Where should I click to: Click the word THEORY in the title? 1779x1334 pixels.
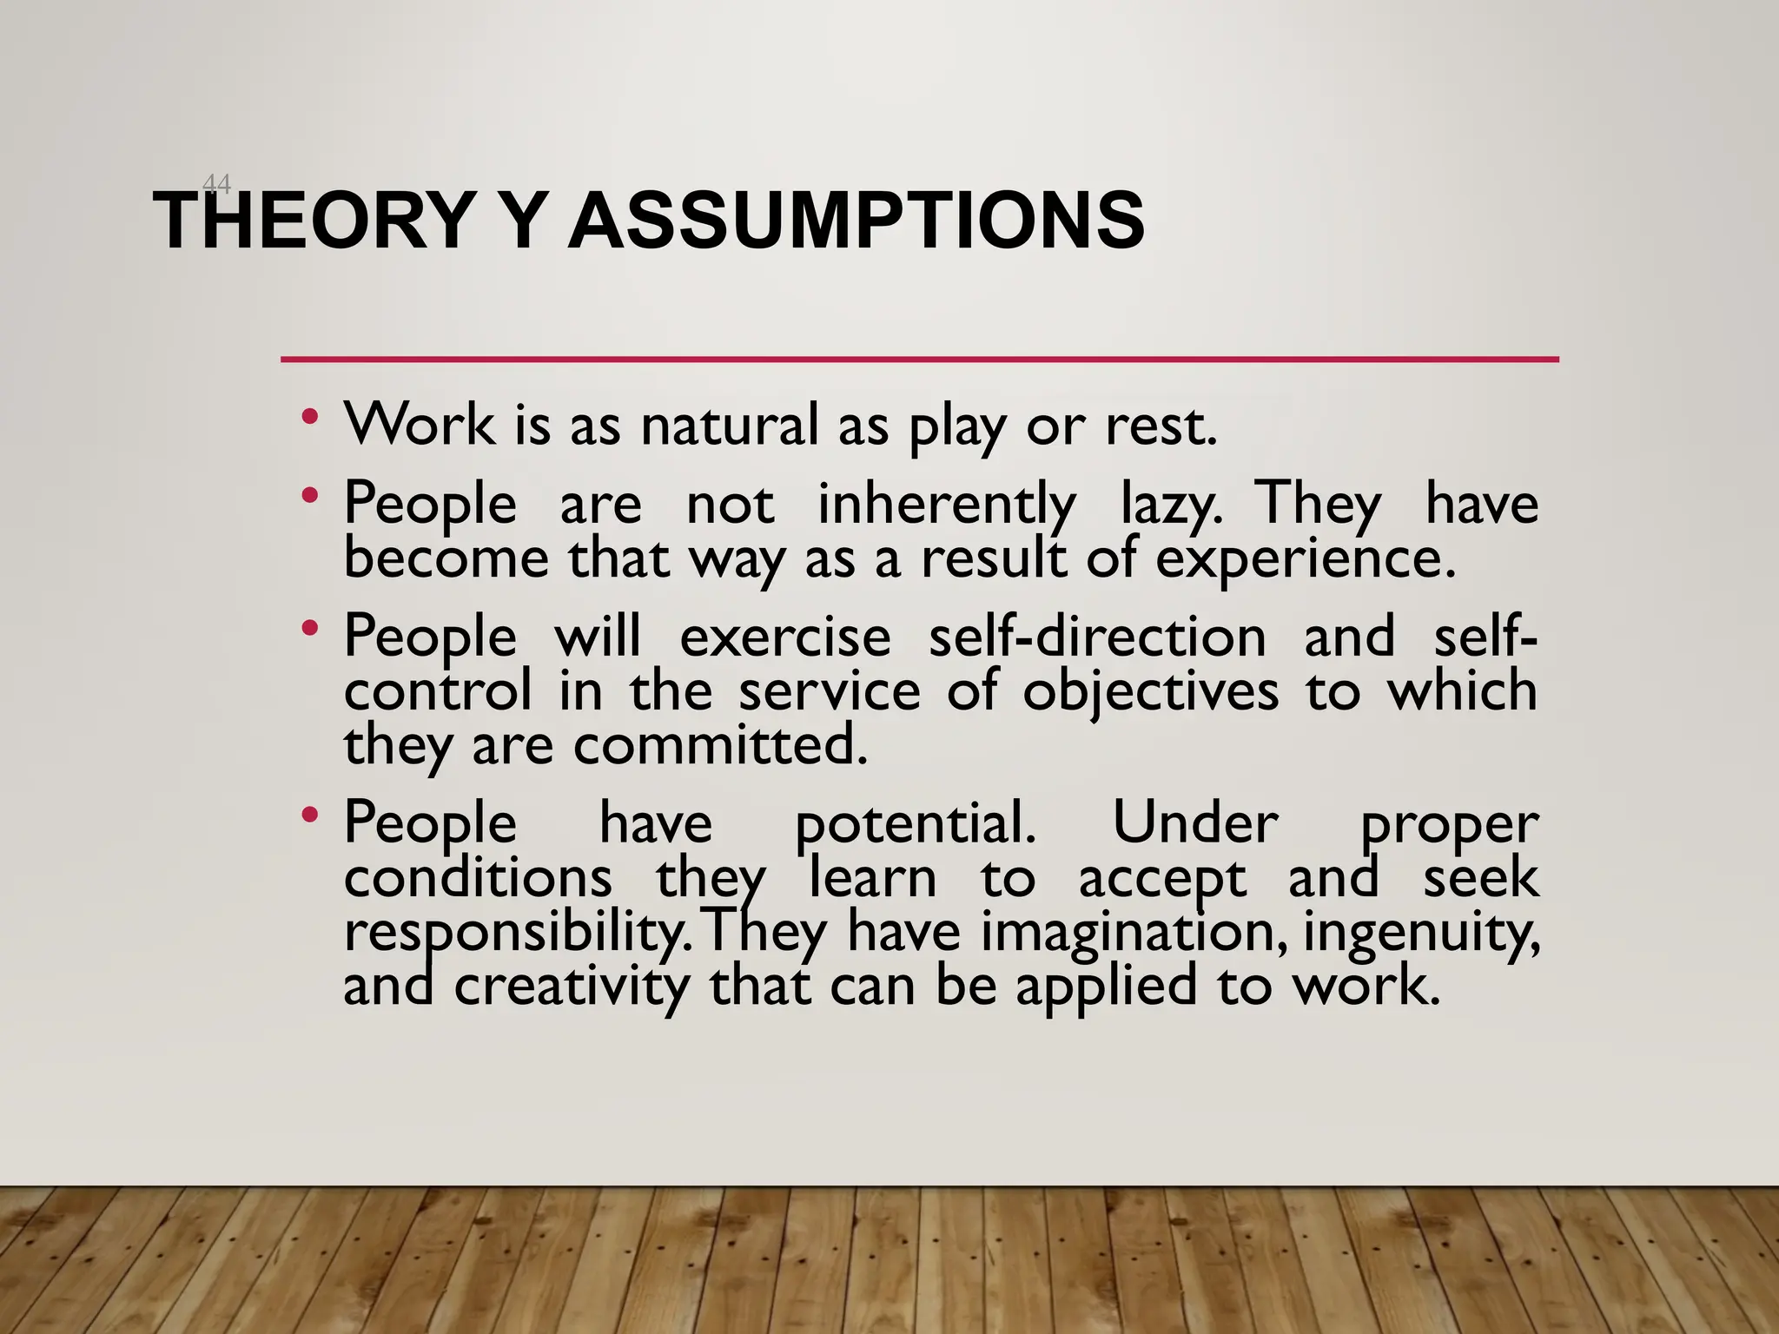click(313, 221)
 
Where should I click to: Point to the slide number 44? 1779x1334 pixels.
click(216, 184)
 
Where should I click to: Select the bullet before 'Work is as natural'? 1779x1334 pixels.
click(309, 418)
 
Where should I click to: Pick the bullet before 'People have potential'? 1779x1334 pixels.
click(309, 816)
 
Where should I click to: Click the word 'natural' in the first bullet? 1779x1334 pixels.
click(730, 426)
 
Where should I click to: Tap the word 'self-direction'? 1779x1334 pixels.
click(1097, 637)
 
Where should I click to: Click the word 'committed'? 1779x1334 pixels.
click(720, 746)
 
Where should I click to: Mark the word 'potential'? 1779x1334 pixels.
click(915, 824)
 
